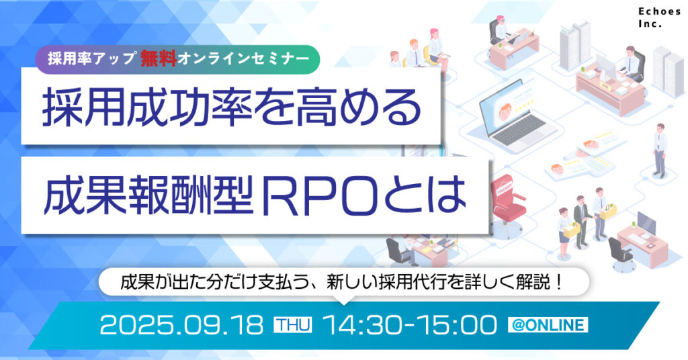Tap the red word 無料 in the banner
(x=159, y=58)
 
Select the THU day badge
(x=293, y=326)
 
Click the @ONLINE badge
(x=548, y=326)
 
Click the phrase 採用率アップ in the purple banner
(x=93, y=58)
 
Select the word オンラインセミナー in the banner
(x=243, y=58)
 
